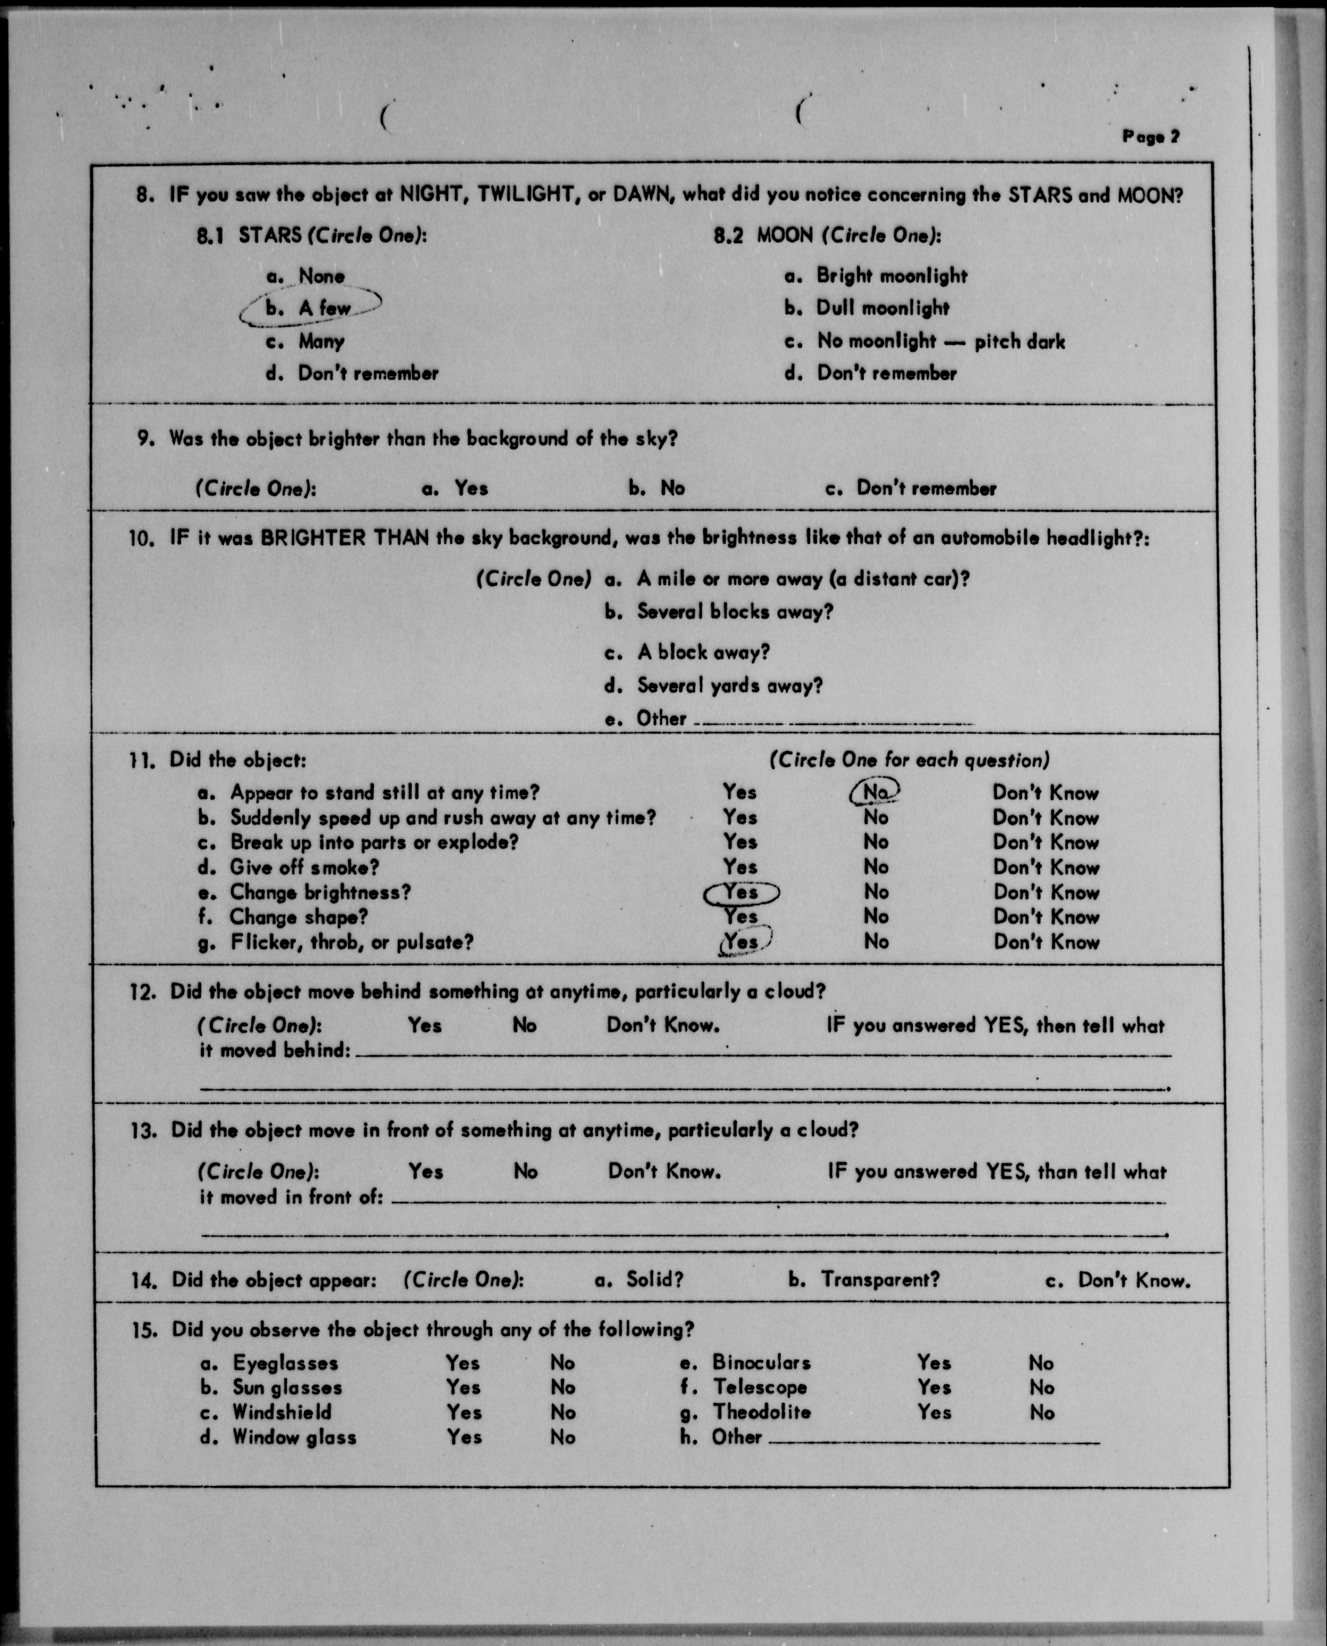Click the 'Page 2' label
point(1150,137)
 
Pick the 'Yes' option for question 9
point(470,488)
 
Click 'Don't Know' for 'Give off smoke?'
point(1046,867)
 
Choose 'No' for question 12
point(524,1025)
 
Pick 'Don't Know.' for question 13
point(664,1171)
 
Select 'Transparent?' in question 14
point(880,1279)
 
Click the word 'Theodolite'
point(762,1412)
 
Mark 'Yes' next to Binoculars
point(934,1362)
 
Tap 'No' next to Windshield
point(563,1412)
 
